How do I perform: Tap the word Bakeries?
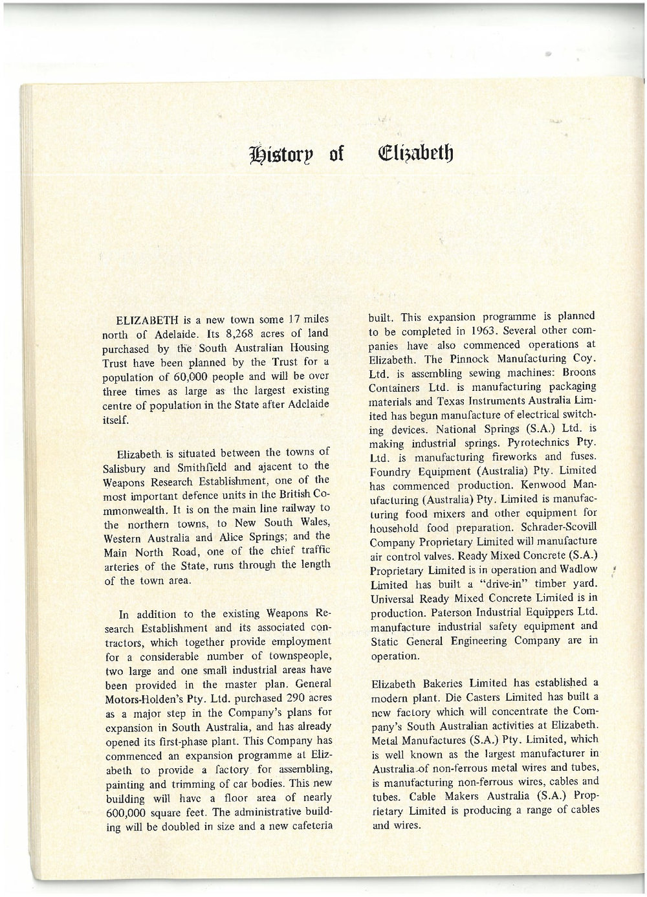[448, 683]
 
